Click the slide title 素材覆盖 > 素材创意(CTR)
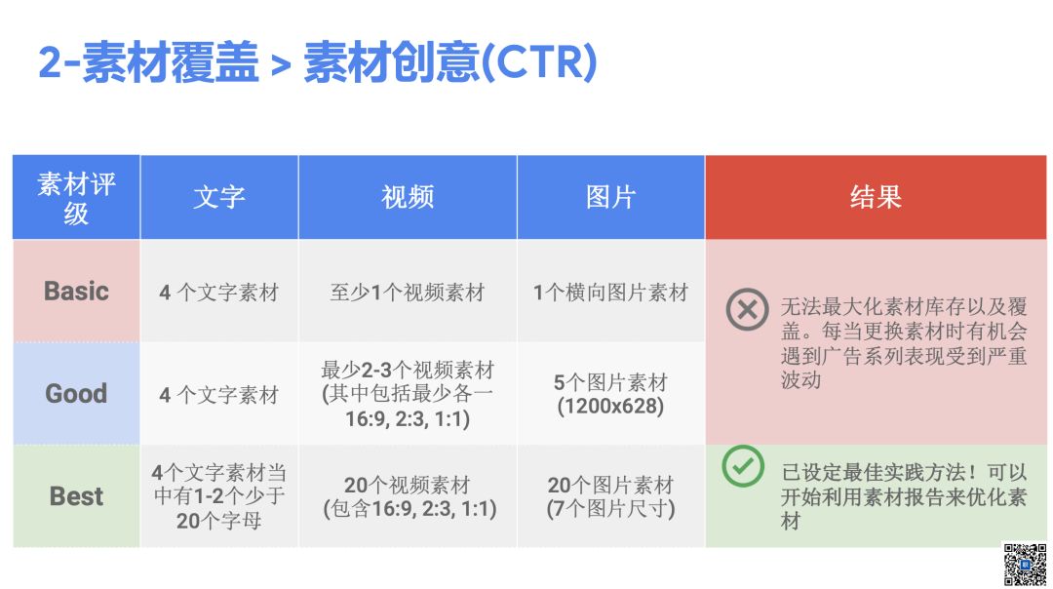click(x=317, y=62)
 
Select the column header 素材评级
click(x=76, y=198)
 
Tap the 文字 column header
click(x=219, y=197)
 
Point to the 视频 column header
click(x=408, y=197)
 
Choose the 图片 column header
click(x=610, y=197)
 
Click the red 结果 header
click(x=875, y=197)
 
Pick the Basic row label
click(x=76, y=292)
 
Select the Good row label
click(x=76, y=394)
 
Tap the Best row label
click(x=76, y=496)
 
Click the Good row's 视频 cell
click(x=408, y=394)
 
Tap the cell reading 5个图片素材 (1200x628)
click(x=610, y=394)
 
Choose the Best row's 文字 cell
click(x=219, y=496)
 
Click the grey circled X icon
click(x=747, y=309)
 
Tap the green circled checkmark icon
click(x=743, y=466)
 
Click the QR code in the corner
click(x=1025, y=565)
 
